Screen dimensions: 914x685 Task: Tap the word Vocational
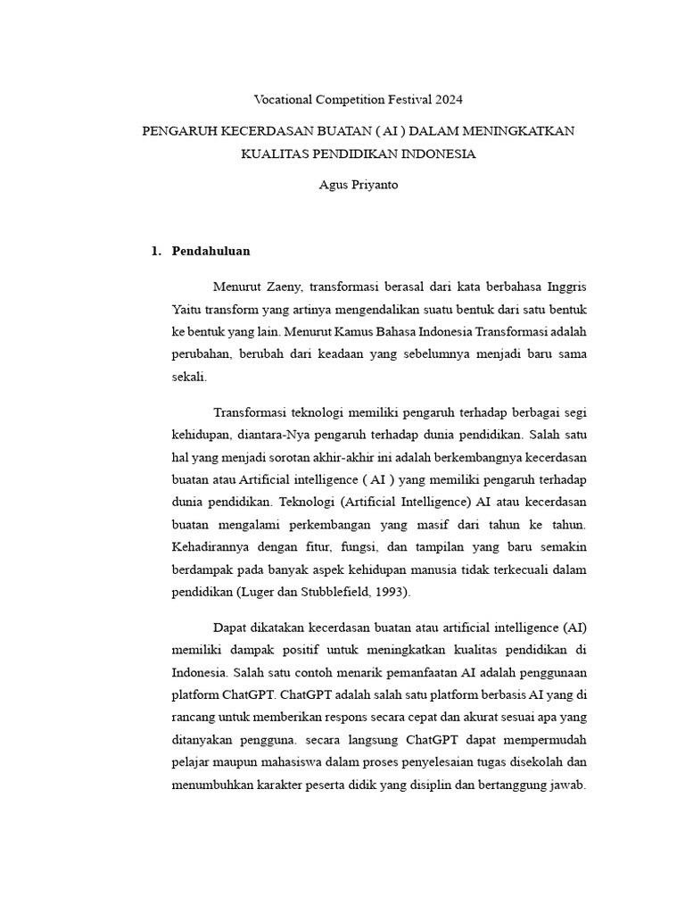(284, 100)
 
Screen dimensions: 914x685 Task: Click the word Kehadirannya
(210, 546)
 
